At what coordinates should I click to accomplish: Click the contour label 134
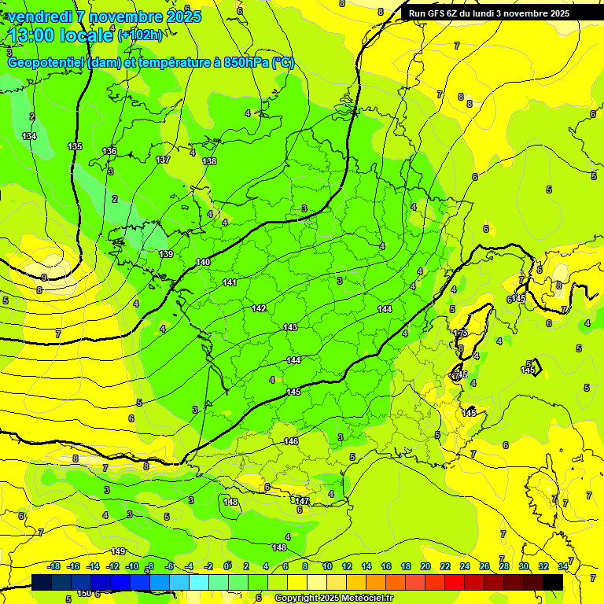30,136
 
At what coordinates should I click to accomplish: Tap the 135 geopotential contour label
75,146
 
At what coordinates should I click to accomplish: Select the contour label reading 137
163,160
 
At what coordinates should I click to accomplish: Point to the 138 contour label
209,161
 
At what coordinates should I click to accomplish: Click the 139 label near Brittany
166,254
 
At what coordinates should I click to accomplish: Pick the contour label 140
203,262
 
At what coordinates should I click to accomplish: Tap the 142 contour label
259,308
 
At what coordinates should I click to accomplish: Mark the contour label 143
290,327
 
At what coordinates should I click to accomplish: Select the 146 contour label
291,441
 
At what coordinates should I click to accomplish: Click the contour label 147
302,500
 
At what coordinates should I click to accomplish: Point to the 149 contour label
118,551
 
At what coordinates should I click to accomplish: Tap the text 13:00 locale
61,35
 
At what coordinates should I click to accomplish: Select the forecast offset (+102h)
140,35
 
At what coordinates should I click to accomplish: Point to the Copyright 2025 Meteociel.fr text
334,598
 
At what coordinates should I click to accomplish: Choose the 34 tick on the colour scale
563,566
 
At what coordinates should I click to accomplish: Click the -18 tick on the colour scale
54,566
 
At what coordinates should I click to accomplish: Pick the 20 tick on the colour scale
425,566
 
